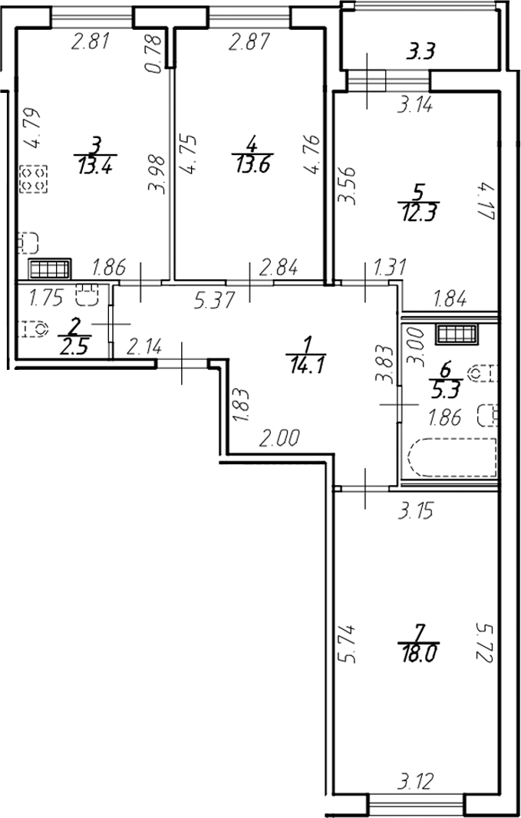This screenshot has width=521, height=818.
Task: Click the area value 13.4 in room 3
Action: [x=95, y=164]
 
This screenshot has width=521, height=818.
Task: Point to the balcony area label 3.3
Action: [x=421, y=53]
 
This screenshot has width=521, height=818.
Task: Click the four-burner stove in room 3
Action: [x=34, y=180]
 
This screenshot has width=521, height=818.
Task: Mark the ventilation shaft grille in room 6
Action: [x=457, y=333]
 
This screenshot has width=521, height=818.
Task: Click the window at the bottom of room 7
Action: [x=417, y=805]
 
